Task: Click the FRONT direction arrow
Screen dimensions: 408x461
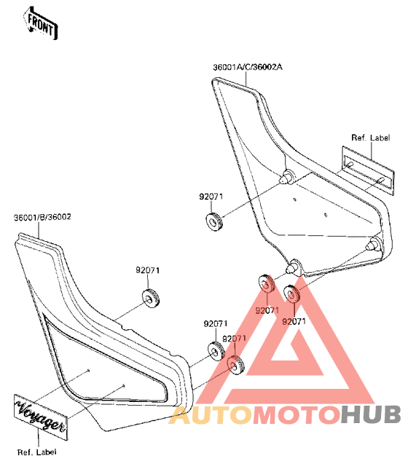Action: [x=40, y=23]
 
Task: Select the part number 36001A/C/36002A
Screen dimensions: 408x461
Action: [x=248, y=67]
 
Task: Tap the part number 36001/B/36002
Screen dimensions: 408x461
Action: [x=42, y=217]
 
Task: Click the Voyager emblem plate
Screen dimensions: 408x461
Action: [x=41, y=417]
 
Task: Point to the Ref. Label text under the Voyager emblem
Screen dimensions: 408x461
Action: [x=36, y=452]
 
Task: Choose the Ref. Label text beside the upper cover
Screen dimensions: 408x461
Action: [x=371, y=138]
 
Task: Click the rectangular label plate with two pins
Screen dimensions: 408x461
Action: [x=368, y=170]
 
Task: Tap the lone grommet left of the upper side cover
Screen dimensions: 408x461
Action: [x=214, y=221]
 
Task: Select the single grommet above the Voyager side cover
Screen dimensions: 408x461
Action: [x=151, y=299]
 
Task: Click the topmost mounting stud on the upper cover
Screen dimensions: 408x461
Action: [x=286, y=177]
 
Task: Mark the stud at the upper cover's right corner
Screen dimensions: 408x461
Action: [x=374, y=244]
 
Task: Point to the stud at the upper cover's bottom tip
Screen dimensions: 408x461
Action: [x=293, y=267]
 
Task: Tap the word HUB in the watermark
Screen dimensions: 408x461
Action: [x=370, y=414]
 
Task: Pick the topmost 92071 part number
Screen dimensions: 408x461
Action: [x=211, y=197]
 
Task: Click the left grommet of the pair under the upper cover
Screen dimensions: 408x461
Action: [x=267, y=283]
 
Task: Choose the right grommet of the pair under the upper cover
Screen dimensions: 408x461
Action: [x=291, y=294]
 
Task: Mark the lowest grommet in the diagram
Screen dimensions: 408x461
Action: [x=235, y=365]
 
